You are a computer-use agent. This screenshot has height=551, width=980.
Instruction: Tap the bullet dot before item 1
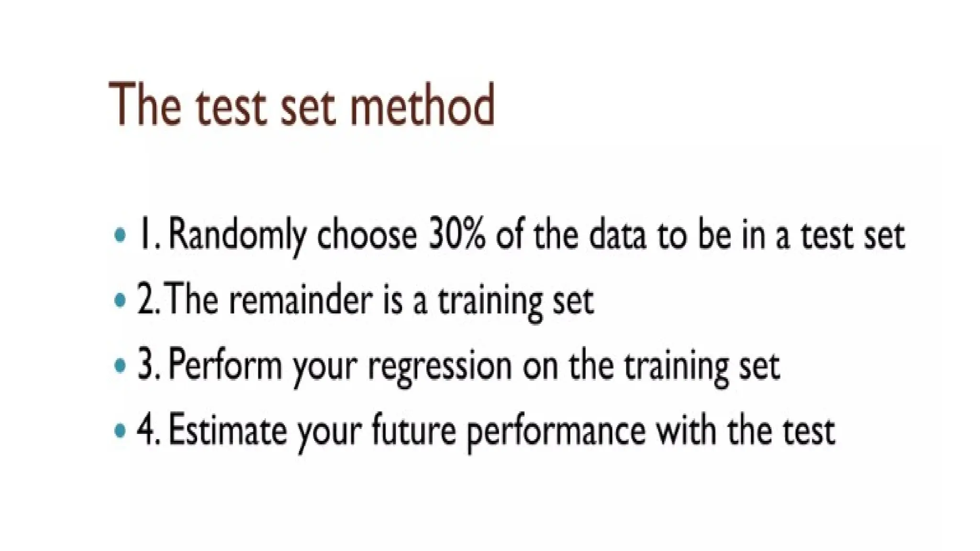tap(121, 235)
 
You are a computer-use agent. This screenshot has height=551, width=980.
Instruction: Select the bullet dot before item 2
tap(121, 300)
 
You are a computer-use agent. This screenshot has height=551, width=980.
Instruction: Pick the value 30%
tap(457, 235)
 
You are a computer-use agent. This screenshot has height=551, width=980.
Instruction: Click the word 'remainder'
tap(301, 300)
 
